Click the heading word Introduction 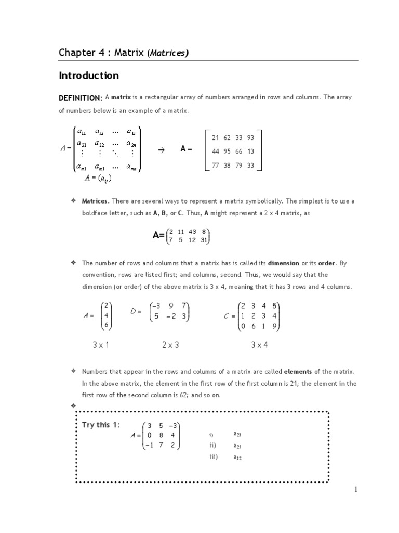[x=89, y=76]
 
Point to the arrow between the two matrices [x=161, y=149]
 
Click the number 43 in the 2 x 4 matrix [x=193, y=232]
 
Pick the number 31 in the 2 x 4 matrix [x=204, y=239]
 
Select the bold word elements [x=299, y=372]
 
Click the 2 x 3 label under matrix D [x=170, y=345]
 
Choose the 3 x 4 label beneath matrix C [x=259, y=345]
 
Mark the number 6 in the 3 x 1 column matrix [x=106, y=325]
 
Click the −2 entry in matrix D [x=172, y=316]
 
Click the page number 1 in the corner [x=356, y=489]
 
